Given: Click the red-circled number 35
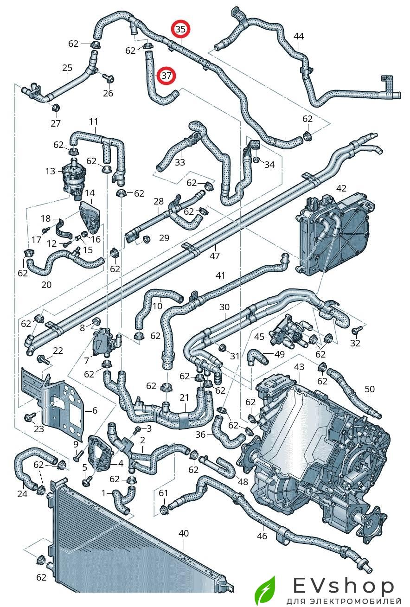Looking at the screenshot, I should tap(180, 29).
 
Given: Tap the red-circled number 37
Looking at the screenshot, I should tap(166, 75).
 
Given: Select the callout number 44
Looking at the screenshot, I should tap(299, 36).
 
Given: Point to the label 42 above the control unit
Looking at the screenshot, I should tap(341, 188).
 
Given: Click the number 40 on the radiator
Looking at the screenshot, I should tap(184, 534).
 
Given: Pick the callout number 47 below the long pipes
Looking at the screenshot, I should tap(214, 256).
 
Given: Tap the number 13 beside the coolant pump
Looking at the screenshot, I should tap(51, 171).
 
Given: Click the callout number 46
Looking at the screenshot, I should tap(262, 536).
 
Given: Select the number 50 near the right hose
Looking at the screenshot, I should tap(370, 389).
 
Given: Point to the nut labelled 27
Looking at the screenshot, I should tap(55, 109).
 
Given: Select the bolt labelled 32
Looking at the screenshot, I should tap(357, 330).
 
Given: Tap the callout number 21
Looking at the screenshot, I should tap(184, 397).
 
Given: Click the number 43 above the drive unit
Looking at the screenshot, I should tap(299, 367).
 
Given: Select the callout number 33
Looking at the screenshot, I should tap(180, 162).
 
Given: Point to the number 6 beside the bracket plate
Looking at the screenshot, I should tap(95, 410).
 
